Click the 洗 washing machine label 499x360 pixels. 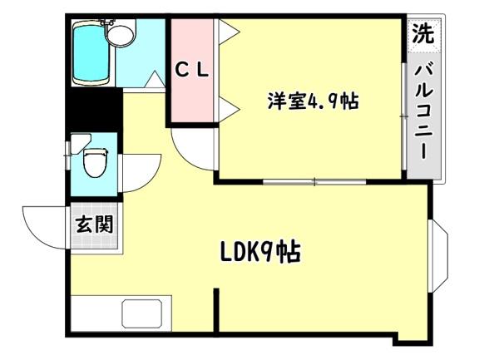coord(424,35)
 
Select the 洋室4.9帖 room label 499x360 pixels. coord(313,101)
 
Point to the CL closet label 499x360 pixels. coord(192,71)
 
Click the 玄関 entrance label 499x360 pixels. coord(93,224)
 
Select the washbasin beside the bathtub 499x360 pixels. coord(122,35)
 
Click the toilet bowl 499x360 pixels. coord(96,160)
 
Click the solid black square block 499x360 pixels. coord(92,106)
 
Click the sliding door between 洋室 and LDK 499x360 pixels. coord(314,180)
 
